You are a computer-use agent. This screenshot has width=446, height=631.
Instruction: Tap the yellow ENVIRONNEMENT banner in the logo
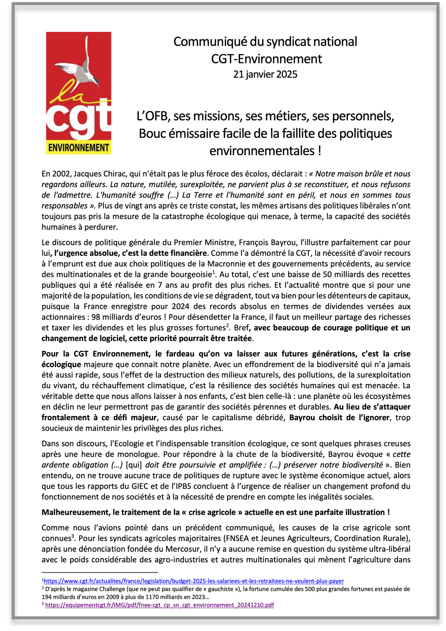(x=79, y=148)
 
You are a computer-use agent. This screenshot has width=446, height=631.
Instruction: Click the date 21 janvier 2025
(x=265, y=74)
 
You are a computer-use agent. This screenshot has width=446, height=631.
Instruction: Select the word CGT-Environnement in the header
(x=267, y=59)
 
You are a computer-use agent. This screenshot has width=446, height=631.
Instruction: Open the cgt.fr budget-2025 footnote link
(x=194, y=581)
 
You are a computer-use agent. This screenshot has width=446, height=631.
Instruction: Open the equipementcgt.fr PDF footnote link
(x=159, y=605)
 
